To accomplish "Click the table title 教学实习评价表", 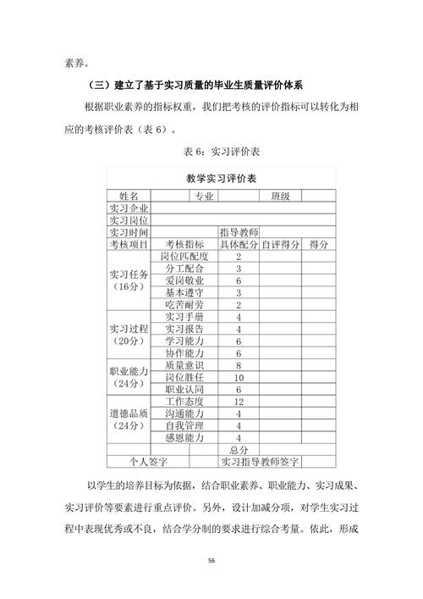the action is coord(221,179).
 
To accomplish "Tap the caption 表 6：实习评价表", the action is coord(222,152).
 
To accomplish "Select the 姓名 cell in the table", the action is coord(129,196).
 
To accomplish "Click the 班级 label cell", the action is coord(280,196).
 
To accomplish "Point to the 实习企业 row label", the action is coord(129,208).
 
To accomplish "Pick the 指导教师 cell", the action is coord(239,232).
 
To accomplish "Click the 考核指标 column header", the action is coord(184,244).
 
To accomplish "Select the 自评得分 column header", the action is coord(280,244).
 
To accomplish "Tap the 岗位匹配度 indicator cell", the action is coord(184,256).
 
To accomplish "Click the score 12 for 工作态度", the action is coord(239,402).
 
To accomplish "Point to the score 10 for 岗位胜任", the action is coord(239,377).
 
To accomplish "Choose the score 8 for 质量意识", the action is coord(239,365).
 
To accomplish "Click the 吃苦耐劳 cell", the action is coord(184,305).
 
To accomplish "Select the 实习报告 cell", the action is coord(184,329).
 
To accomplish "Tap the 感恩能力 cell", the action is coord(184,438).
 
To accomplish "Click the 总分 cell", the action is coord(239,450).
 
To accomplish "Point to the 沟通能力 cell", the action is coord(184,414).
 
